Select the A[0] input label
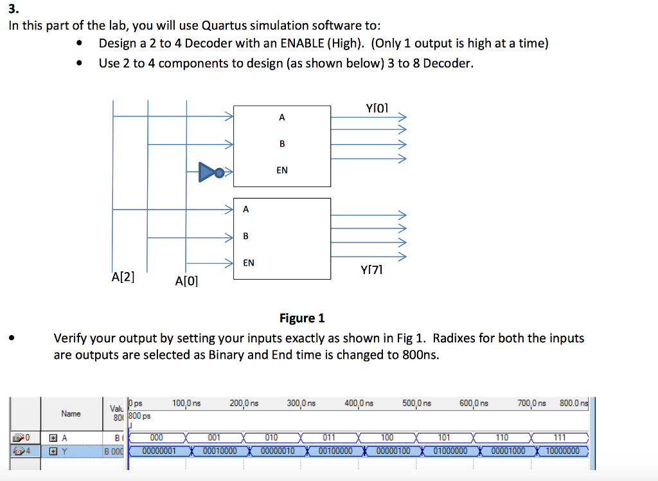[186, 281]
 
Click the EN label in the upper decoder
[282, 170]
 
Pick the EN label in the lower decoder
[248, 262]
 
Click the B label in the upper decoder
[282, 144]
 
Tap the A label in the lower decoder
[246, 209]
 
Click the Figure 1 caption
[302, 318]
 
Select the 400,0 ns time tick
[359, 403]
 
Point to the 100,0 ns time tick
[186, 403]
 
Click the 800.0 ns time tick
[573, 403]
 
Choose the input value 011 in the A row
[330, 438]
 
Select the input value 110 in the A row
[502, 438]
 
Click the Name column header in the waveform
[71, 413]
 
